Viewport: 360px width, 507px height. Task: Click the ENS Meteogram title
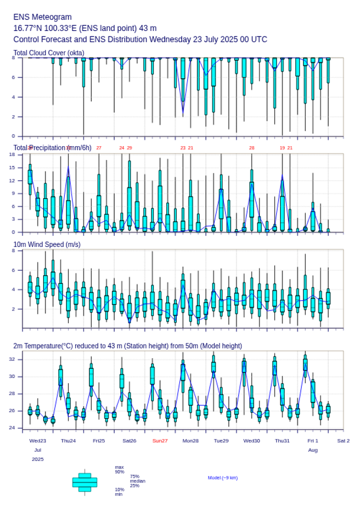click(x=43, y=17)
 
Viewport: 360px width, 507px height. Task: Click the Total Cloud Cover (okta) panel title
click(x=49, y=53)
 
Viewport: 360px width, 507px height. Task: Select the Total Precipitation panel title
click(x=53, y=147)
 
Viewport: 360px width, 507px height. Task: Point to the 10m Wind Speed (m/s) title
click(x=47, y=244)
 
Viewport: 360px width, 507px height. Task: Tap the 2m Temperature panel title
click(x=127, y=346)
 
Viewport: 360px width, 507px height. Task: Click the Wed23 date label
click(x=38, y=441)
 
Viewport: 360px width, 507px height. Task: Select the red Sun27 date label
click(x=160, y=441)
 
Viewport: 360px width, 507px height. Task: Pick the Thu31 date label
click(x=282, y=441)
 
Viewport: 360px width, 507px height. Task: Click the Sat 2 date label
click(x=343, y=441)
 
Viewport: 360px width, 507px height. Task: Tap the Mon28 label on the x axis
click(x=191, y=441)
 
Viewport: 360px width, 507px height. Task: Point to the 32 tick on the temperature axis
click(x=18, y=359)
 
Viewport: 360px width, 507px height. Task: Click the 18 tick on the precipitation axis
click(x=18, y=154)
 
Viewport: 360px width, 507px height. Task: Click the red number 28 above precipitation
click(x=251, y=148)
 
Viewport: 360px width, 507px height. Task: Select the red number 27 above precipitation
click(x=99, y=148)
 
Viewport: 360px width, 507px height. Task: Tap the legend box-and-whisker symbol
click(x=85, y=482)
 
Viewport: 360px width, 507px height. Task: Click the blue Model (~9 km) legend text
click(x=223, y=478)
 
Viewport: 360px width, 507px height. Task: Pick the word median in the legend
click(x=137, y=481)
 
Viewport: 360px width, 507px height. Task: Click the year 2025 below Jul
click(x=38, y=459)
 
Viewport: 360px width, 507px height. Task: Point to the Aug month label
click(x=313, y=450)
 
